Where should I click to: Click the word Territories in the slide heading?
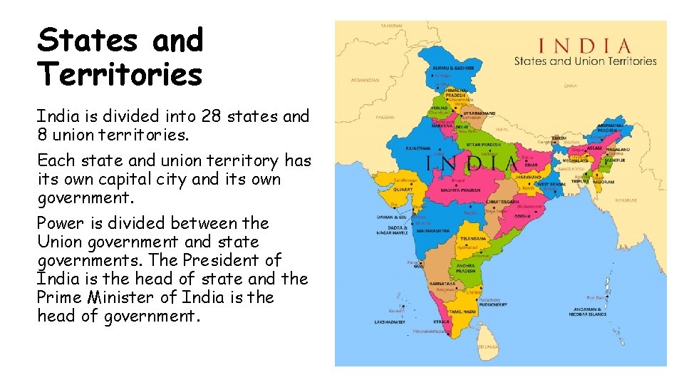coord(120,73)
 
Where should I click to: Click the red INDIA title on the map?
coord(584,48)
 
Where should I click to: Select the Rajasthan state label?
coord(419,148)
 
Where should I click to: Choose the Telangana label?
coord(472,239)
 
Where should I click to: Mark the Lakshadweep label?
coord(390,322)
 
